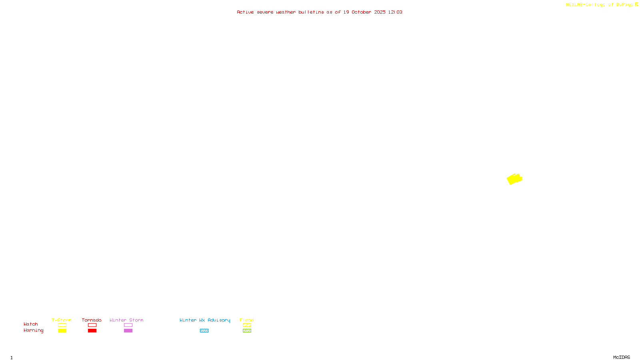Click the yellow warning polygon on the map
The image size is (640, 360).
click(x=514, y=179)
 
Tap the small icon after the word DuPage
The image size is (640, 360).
click(x=636, y=4)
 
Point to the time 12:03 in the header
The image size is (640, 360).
click(x=395, y=12)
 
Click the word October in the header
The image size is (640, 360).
click(x=361, y=12)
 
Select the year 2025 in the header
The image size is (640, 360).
click(x=380, y=12)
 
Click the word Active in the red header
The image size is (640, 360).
click(x=245, y=12)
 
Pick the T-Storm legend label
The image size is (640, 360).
click(x=62, y=320)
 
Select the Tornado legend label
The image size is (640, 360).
click(x=92, y=320)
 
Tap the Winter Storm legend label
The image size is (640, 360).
click(x=126, y=320)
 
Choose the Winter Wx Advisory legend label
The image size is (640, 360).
click(x=205, y=320)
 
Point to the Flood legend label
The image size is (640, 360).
click(x=247, y=320)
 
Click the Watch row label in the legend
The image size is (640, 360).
click(x=31, y=324)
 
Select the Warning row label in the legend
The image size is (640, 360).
click(x=34, y=330)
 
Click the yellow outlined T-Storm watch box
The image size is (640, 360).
click(x=62, y=325)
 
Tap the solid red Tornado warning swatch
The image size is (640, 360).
click(x=92, y=331)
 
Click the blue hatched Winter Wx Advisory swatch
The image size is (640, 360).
click(x=204, y=331)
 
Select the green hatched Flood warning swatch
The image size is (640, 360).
click(x=247, y=331)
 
